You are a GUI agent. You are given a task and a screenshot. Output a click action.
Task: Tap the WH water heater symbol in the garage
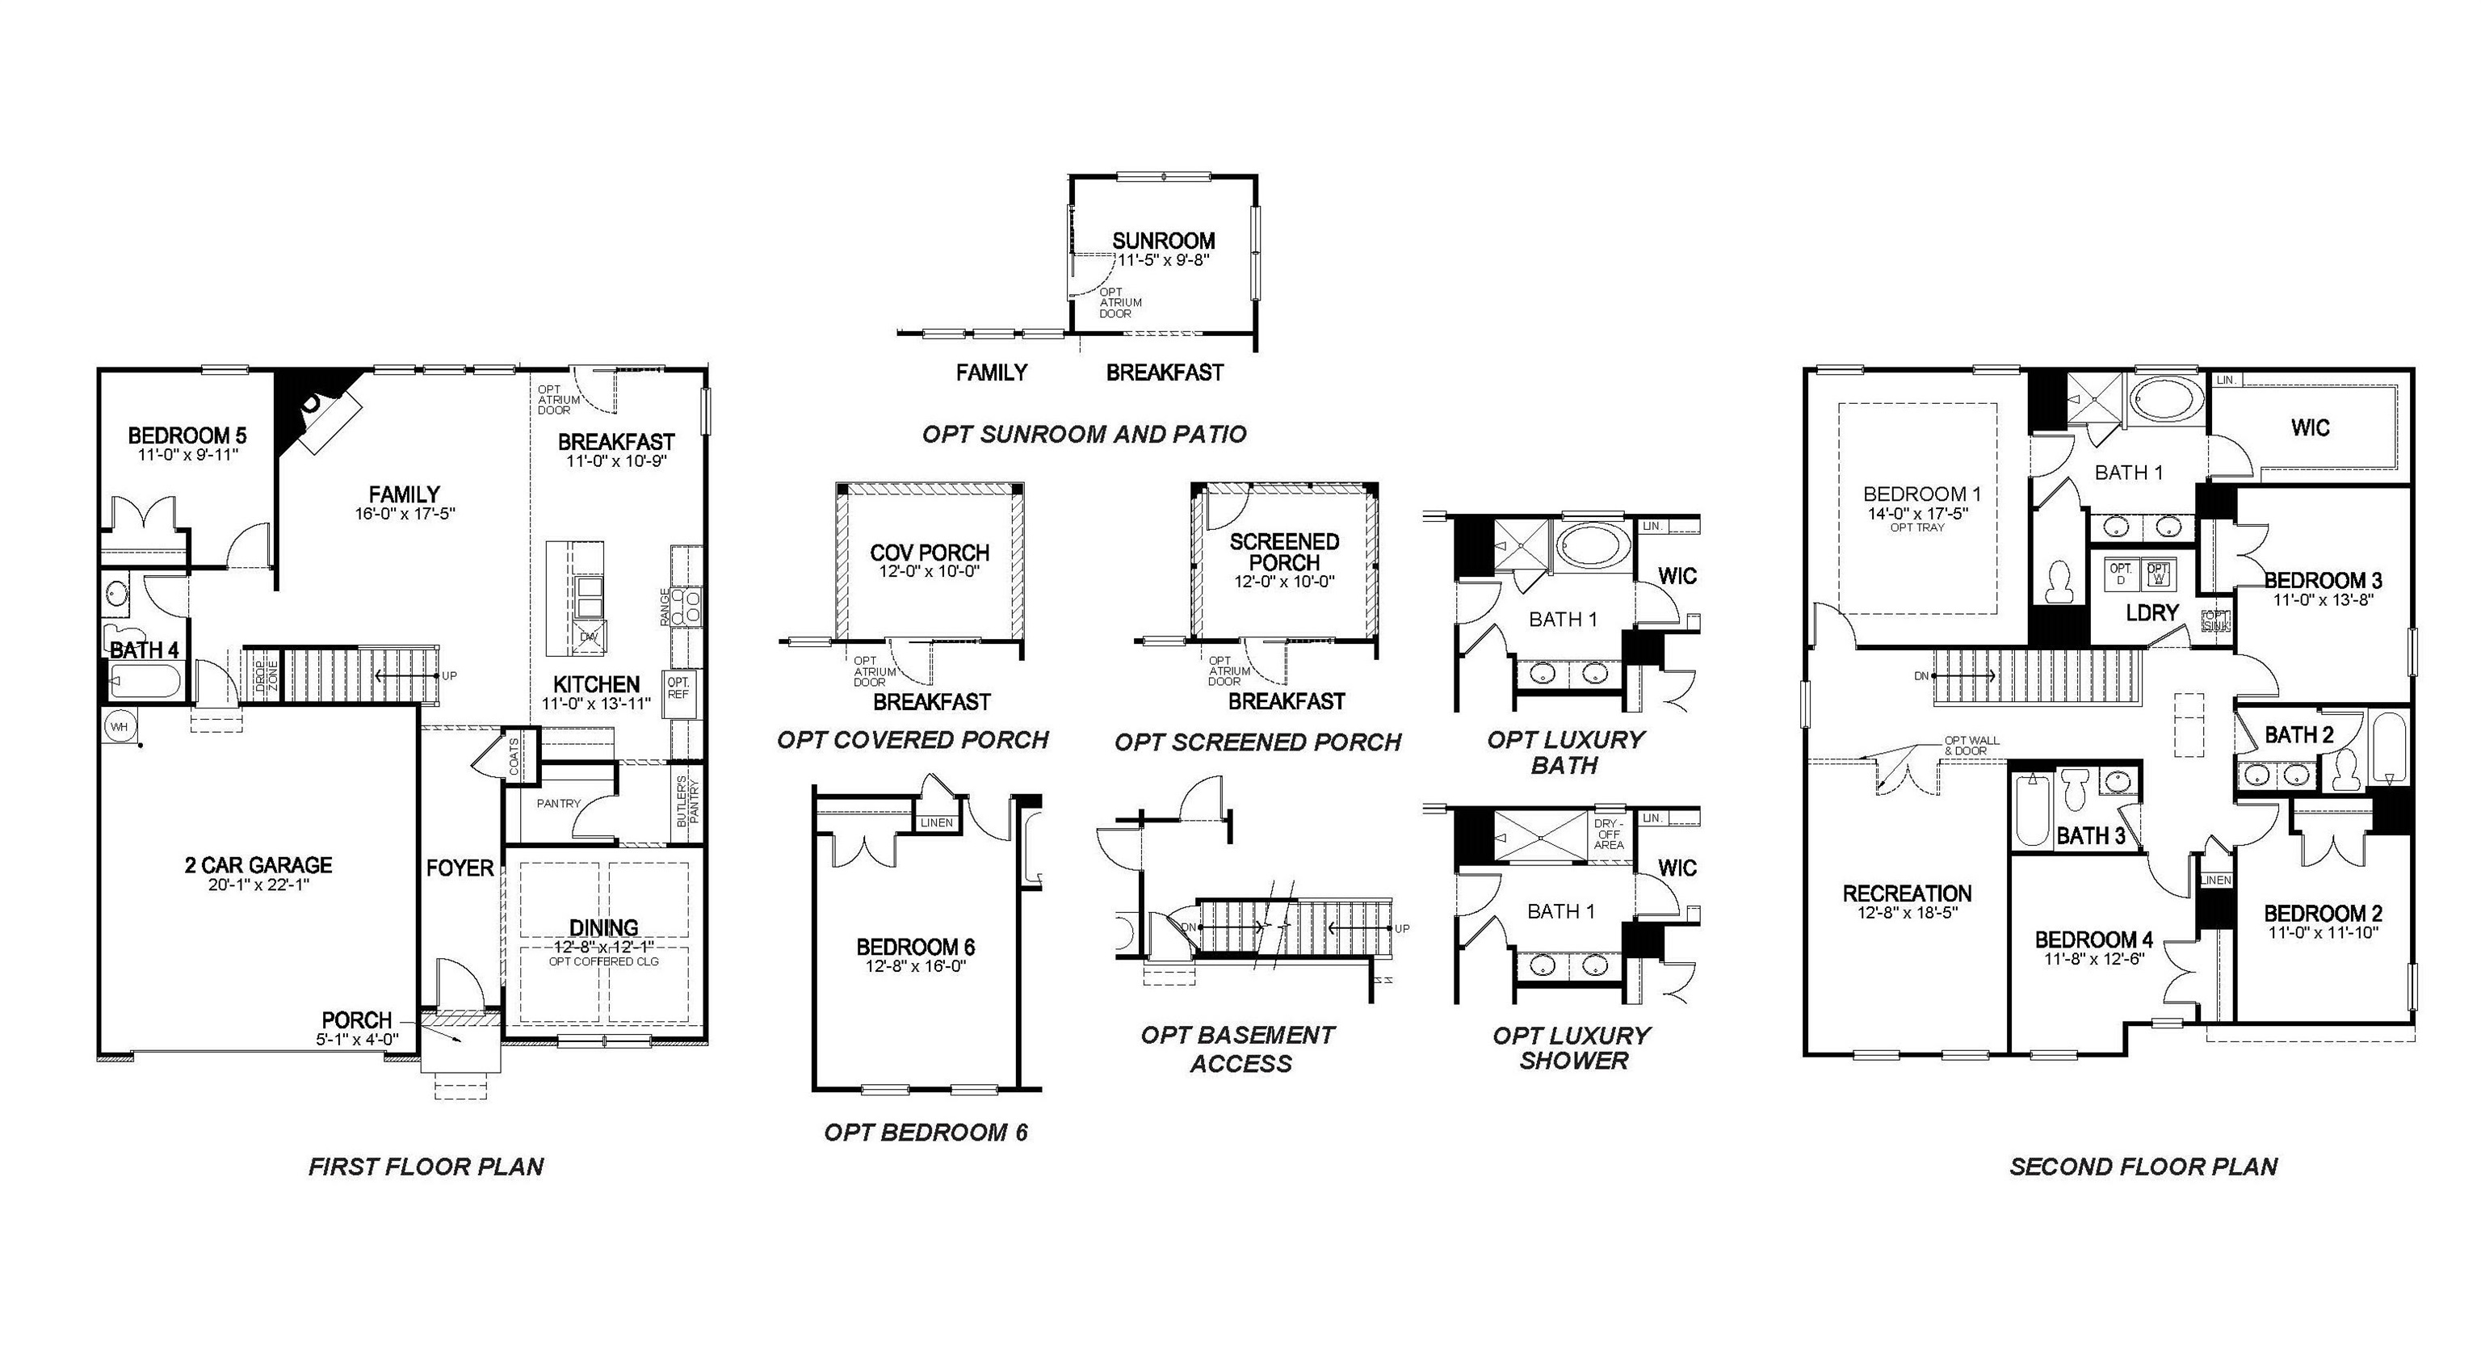pos(119,726)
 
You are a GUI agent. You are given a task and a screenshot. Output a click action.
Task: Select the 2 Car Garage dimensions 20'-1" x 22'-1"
pos(258,885)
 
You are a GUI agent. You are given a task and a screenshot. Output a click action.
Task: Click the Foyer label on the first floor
pos(460,868)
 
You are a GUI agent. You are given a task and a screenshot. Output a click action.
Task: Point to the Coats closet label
pos(514,756)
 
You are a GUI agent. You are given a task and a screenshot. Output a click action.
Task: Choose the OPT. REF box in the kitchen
pos(678,687)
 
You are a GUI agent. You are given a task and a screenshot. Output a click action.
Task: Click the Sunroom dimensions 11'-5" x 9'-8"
pos(1162,260)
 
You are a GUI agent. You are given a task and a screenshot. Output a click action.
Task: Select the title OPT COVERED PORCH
pos(912,740)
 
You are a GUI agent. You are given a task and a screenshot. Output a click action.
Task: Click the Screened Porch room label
pos(1284,551)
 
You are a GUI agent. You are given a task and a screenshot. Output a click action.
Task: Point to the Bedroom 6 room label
pos(915,947)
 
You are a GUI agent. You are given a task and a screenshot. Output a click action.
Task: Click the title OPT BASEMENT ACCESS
pos(1239,1049)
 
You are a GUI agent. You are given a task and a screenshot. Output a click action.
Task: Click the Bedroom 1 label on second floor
pos(1916,494)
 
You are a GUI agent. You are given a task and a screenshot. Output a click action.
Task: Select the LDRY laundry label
pos(2151,612)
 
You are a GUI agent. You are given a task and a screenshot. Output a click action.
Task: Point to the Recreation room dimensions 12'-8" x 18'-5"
pos(1907,912)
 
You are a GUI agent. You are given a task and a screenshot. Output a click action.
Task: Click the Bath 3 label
pos(2091,835)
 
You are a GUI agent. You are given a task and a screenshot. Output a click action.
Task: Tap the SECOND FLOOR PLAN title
pos(2143,1167)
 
